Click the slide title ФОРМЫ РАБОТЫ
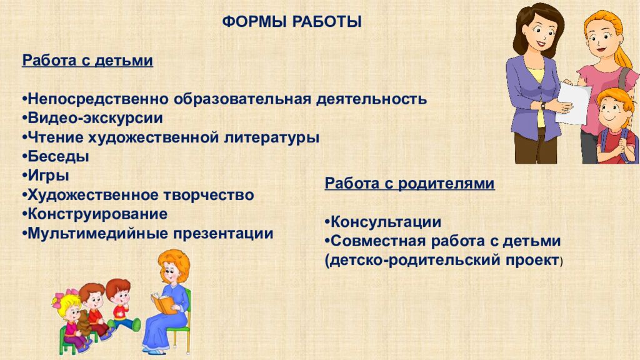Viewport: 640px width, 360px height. pyautogui.click(x=292, y=21)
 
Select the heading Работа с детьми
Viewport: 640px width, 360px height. pyautogui.click(x=87, y=61)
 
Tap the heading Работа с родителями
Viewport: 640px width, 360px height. pyautogui.click(x=409, y=184)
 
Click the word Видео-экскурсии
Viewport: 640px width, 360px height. pyautogui.click(x=95, y=118)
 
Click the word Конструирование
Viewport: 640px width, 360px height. pyautogui.click(x=97, y=214)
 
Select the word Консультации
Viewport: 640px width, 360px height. pyautogui.click(x=386, y=222)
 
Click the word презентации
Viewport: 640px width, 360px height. pyautogui.click(x=223, y=234)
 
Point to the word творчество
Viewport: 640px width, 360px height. pyautogui.click(x=209, y=195)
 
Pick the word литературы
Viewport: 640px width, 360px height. pyautogui.click(x=271, y=137)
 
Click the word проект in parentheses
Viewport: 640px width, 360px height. pyautogui.click(x=532, y=261)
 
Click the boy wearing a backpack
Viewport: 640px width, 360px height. pyautogui.click(x=617, y=126)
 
